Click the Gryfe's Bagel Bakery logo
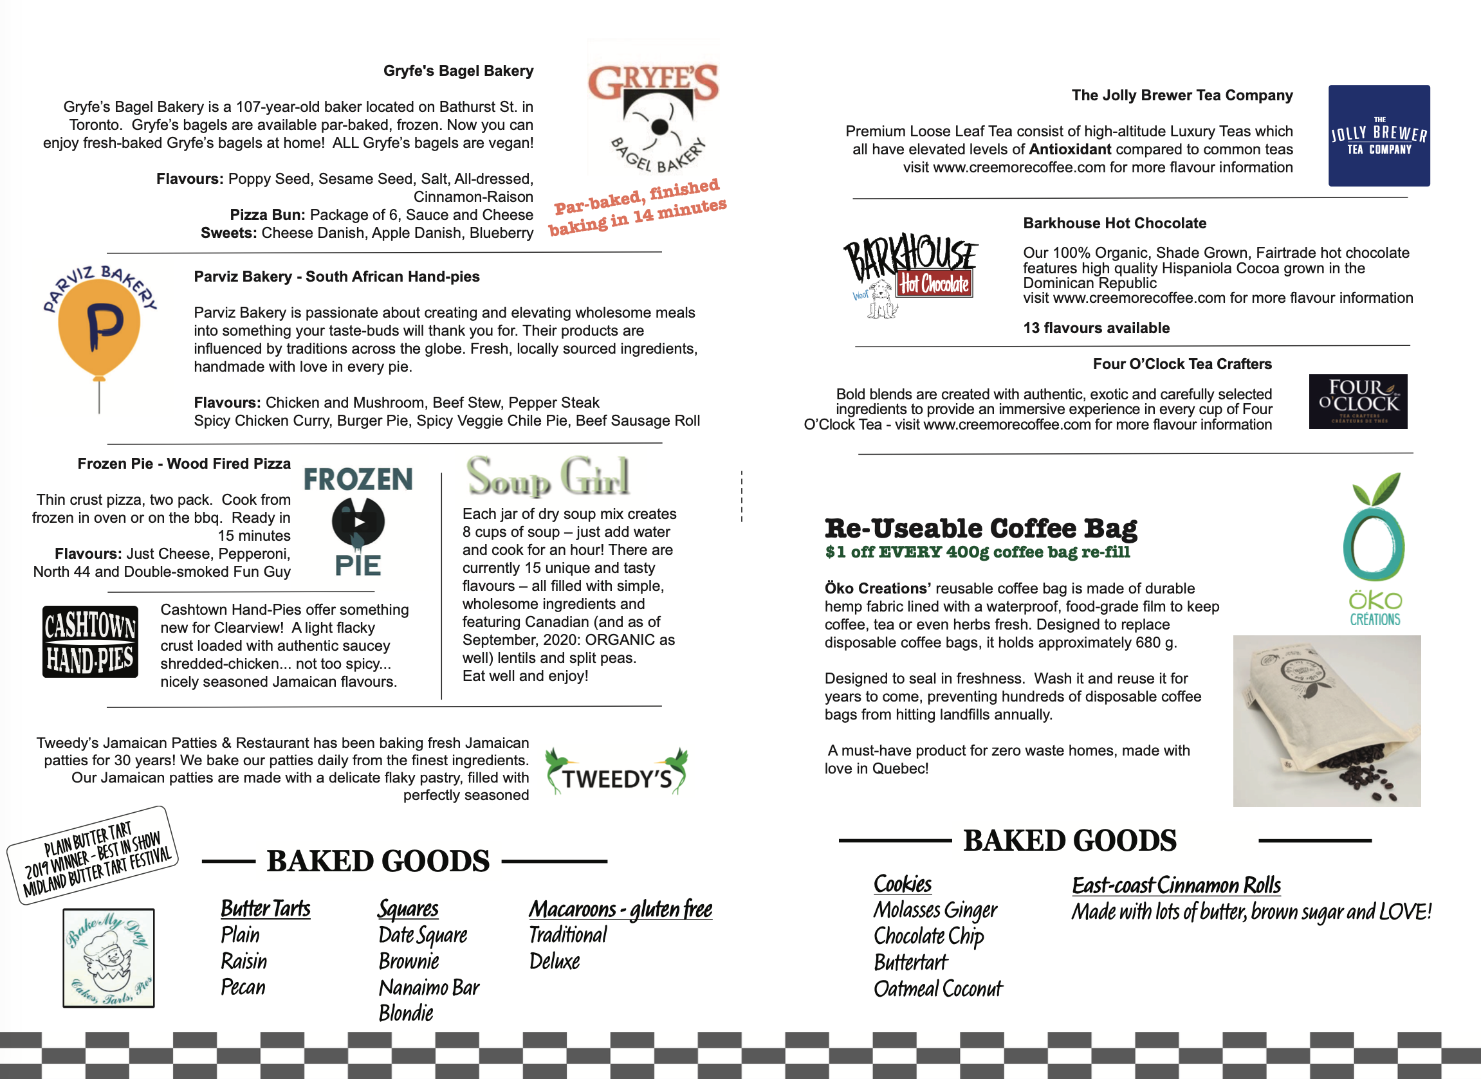point(653,108)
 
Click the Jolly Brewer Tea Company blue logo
point(1379,136)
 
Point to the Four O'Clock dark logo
point(1357,402)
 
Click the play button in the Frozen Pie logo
point(358,522)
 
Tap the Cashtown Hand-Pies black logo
point(90,641)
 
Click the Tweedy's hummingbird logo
point(616,772)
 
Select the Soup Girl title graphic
point(547,476)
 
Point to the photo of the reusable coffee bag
point(1326,720)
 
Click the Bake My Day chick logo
point(109,957)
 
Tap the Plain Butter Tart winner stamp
point(93,855)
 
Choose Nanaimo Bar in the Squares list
point(428,987)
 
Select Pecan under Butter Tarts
point(243,987)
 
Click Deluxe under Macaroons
point(554,961)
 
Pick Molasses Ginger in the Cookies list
point(935,910)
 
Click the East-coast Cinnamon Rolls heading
point(1176,885)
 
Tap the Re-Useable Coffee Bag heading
point(980,528)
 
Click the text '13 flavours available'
point(1096,328)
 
